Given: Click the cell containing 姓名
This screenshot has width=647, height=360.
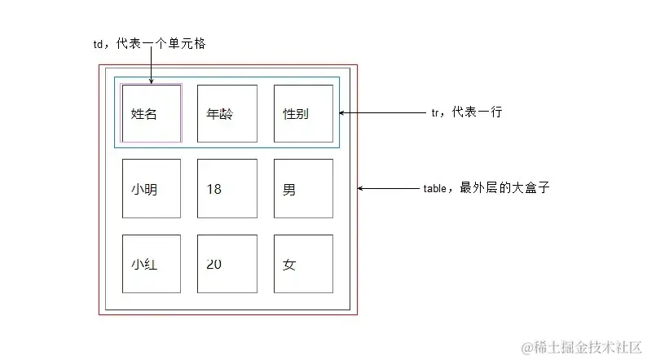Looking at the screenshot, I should coord(151,114).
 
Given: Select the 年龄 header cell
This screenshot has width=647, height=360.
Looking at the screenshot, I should coord(227,114).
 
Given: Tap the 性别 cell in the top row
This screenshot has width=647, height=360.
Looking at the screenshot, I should coord(303,114).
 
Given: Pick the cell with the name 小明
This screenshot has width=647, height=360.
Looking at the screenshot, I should coord(151,189).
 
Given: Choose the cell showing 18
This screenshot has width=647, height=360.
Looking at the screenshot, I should coord(227,189).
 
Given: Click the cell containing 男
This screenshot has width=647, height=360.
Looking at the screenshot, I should coord(303,189).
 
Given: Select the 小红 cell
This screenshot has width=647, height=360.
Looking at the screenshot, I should coord(151,264).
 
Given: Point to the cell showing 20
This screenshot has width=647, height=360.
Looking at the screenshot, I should coord(227,264).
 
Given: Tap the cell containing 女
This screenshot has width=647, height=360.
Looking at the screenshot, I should coord(303,264).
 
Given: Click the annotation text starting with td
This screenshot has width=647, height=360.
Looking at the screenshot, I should coord(149,44).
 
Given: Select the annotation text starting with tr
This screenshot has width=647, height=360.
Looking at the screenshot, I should coord(466,113).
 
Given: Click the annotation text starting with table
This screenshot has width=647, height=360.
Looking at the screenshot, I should coord(487,188).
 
